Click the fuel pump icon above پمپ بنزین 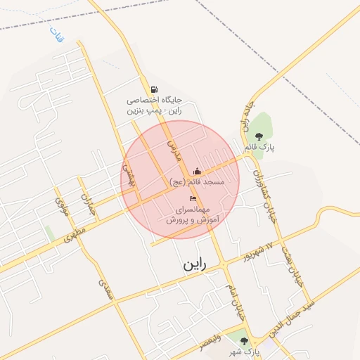coord(154,89)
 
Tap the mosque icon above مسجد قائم coord(197,171)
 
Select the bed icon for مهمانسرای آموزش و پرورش coord(193,199)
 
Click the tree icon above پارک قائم coord(259,136)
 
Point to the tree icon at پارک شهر coord(244,341)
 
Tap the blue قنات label coord(56,33)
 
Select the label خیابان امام coord(231,281)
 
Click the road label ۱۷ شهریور coord(257,252)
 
